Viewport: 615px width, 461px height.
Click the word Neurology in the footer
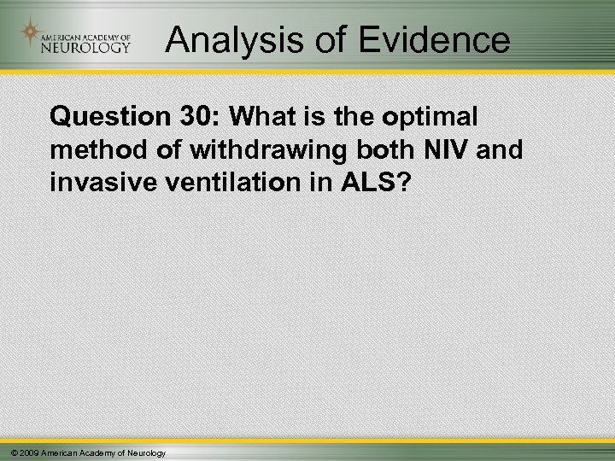(x=146, y=452)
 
